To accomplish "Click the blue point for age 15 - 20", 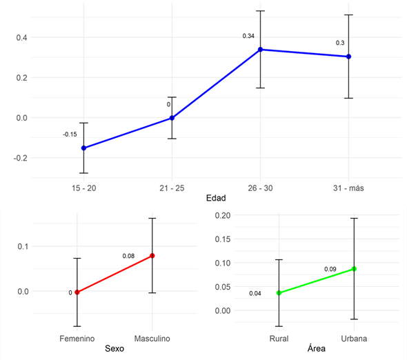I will [x=84, y=148].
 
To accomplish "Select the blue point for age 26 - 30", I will [x=261, y=50].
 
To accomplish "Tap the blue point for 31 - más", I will [x=349, y=57].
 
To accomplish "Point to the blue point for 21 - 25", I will [x=172, y=118].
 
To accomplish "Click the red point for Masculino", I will [x=152, y=256].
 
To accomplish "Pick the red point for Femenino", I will [x=77, y=292].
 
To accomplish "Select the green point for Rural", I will [x=279, y=293].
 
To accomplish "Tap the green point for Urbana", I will [x=354, y=269].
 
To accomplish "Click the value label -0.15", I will [x=70, y=134].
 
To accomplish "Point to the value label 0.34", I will [x=248, y=36].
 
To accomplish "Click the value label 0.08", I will [x=128, y=256].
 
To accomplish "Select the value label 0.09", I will [x=330, y=269].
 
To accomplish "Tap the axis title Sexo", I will [x=114, y=350].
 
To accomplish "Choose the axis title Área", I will [x=317, y=350].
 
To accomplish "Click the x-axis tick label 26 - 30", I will [x=261, y=188].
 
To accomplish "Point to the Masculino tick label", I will [x=151, y=339].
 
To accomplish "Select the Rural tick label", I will [x=279, y=339].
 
